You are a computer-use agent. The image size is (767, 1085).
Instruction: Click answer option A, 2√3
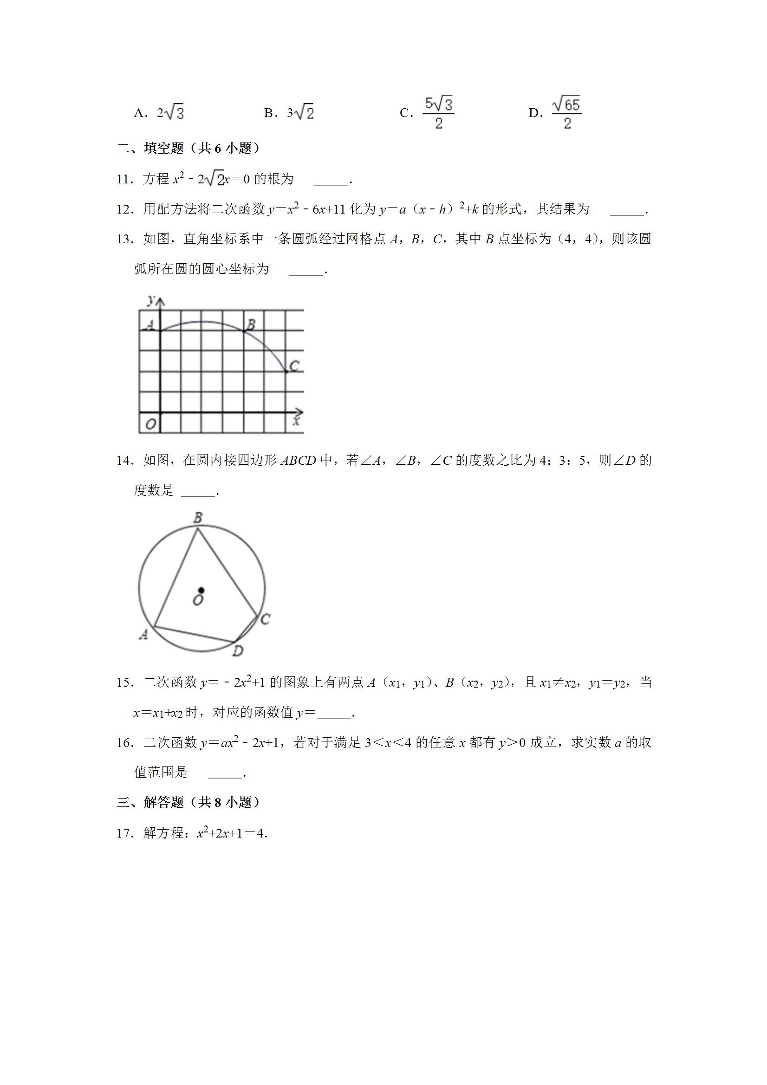(159, 113)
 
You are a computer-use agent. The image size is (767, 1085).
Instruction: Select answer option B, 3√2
(289, 113)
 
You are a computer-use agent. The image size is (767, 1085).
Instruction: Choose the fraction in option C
(439, 113)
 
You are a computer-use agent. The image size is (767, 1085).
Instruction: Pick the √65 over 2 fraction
(566, 113)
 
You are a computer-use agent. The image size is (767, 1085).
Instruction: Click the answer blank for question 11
(331, 180)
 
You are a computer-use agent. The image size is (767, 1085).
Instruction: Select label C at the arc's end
(294, 366)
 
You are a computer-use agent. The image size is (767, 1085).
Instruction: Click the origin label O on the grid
(150, 424)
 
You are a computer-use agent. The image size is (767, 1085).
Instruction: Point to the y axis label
(151, 299)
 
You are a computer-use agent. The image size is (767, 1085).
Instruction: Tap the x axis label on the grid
(297, 420)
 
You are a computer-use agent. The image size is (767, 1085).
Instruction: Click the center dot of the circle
(201, 590)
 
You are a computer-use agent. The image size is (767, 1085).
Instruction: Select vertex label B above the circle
(198, 518)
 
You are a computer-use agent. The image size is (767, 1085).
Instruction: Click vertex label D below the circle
(238, 651)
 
